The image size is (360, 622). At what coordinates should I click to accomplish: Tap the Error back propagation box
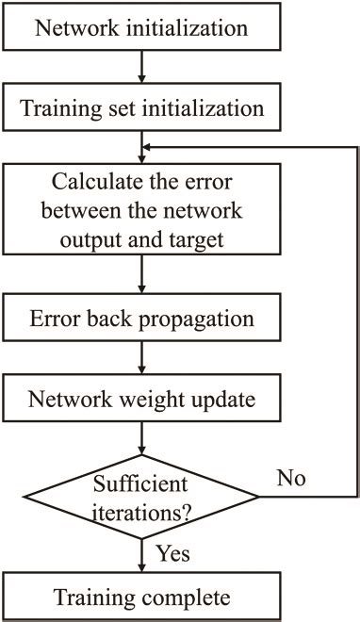coord(141,319)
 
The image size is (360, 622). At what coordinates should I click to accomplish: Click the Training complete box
coord(141,597)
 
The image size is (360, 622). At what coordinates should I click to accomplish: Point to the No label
coord(292,480)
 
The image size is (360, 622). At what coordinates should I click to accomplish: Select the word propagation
coord(201,319)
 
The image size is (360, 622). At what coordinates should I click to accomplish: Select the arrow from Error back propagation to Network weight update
coord(141,357)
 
